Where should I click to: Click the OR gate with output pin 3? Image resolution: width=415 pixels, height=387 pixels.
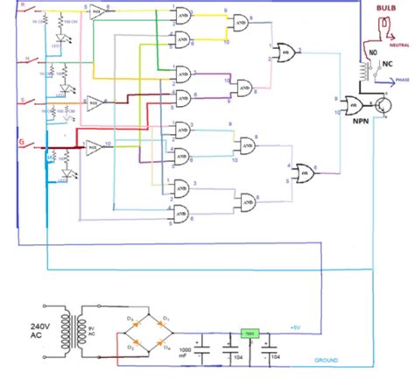click(287, 51)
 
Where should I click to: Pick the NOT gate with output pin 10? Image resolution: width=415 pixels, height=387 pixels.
click(96, 146)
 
